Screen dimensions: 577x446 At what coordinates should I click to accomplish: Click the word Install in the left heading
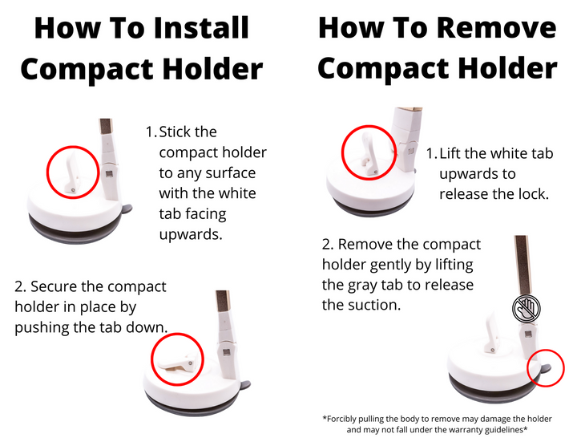(201, 27)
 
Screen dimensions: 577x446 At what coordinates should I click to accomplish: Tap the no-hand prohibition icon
(527, 308)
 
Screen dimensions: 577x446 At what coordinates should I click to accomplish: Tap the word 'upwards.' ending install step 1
(191, 234)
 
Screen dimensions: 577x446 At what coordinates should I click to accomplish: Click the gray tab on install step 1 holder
(127, 209)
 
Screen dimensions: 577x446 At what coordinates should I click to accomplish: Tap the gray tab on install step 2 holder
(245, 385)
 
